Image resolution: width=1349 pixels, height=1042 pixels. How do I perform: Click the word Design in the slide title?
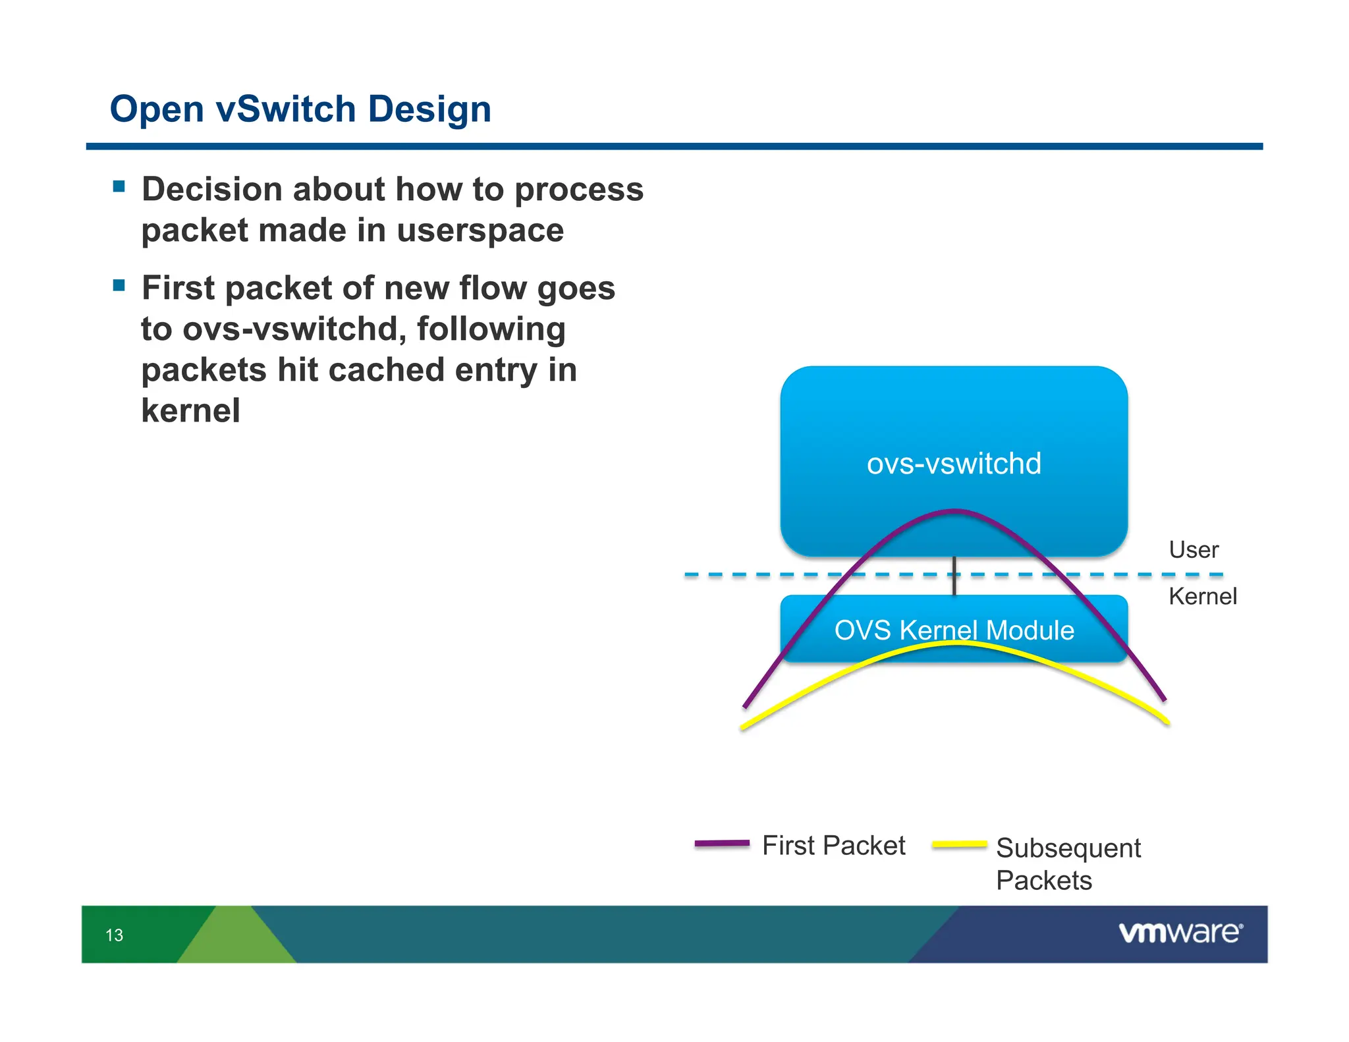[429, 109]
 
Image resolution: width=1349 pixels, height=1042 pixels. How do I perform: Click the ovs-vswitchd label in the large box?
[954, 464]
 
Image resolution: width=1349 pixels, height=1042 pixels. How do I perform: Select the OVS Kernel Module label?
[954, 630]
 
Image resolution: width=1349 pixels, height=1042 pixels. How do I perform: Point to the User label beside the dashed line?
[1193, 550]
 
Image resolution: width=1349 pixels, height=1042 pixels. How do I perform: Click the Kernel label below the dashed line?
[1202, 597]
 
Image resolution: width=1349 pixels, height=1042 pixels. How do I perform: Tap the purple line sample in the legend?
[722, 844]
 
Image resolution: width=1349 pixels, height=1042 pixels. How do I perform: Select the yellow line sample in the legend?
[960, 844]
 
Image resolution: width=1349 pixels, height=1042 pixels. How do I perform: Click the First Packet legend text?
[833, 846]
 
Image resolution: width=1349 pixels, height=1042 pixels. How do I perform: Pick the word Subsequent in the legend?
[1068, 848]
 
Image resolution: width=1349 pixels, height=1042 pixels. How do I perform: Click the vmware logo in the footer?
[1180, 933]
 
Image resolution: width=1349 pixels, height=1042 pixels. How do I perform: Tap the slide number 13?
[114, 935]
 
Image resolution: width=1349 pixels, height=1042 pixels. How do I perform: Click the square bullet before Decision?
[119, 186]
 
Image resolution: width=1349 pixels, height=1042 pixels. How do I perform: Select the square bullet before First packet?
[119, 286]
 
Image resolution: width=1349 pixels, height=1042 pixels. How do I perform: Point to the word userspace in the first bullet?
[480, 231]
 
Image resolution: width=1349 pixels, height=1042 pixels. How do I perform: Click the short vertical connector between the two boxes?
[954, 575]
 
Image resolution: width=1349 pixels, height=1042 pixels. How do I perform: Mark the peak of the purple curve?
[954, 510]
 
